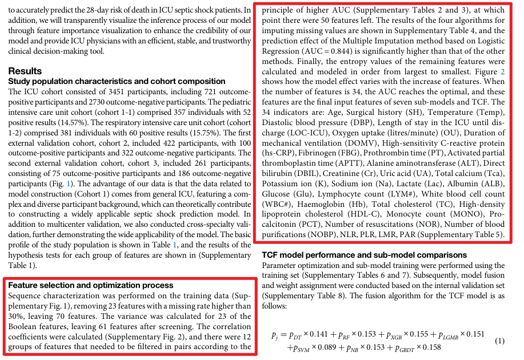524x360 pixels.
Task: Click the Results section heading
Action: pyautogui.click(x=25, y=71)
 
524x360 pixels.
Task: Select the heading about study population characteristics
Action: pyautogui.click(x=117, y=82)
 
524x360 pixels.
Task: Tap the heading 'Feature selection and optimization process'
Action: pyautogui.click(x=91, y=285)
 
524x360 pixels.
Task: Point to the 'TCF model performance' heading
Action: pyautogui.click(x=364, y=255)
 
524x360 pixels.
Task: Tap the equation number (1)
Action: pyautogui.click(x=499, y=341)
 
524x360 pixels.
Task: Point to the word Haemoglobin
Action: pyautogui.click(x=354, y=203)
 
